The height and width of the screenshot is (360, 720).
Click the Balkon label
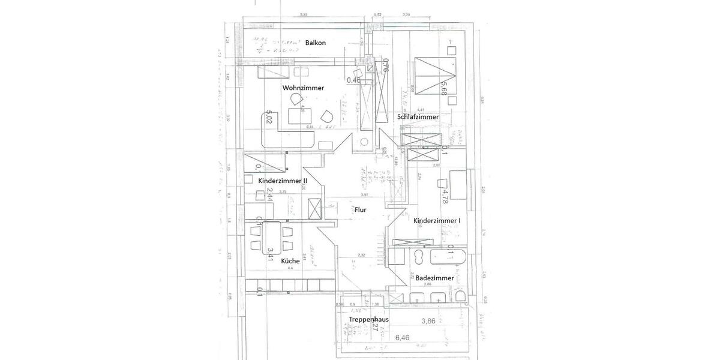click(315, 43)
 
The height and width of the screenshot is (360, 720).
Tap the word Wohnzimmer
click(303, 88)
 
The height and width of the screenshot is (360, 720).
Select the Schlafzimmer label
click(417, 116)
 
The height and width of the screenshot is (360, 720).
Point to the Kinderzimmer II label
click(283, 181)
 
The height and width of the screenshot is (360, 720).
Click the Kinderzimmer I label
click(437, 221)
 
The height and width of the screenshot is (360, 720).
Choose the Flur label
click(360, 210)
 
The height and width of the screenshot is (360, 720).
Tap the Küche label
click(290, 261)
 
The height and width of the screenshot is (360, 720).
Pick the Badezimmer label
click(434, 278)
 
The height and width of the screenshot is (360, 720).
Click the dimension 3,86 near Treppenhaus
click(428, 321)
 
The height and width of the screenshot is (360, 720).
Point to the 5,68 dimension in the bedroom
click(445, 88)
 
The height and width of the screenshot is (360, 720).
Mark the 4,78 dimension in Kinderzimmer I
click(445, 196)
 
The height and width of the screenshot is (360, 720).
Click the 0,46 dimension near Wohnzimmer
click(353, 79)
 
